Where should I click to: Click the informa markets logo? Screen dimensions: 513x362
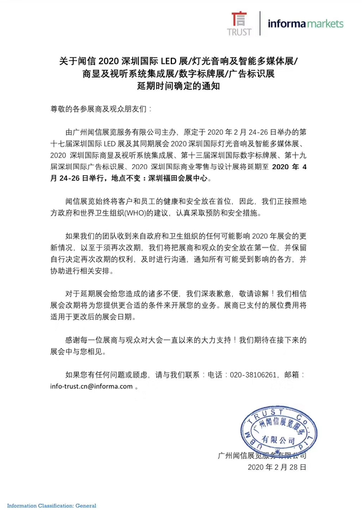click(x=306, y=23)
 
